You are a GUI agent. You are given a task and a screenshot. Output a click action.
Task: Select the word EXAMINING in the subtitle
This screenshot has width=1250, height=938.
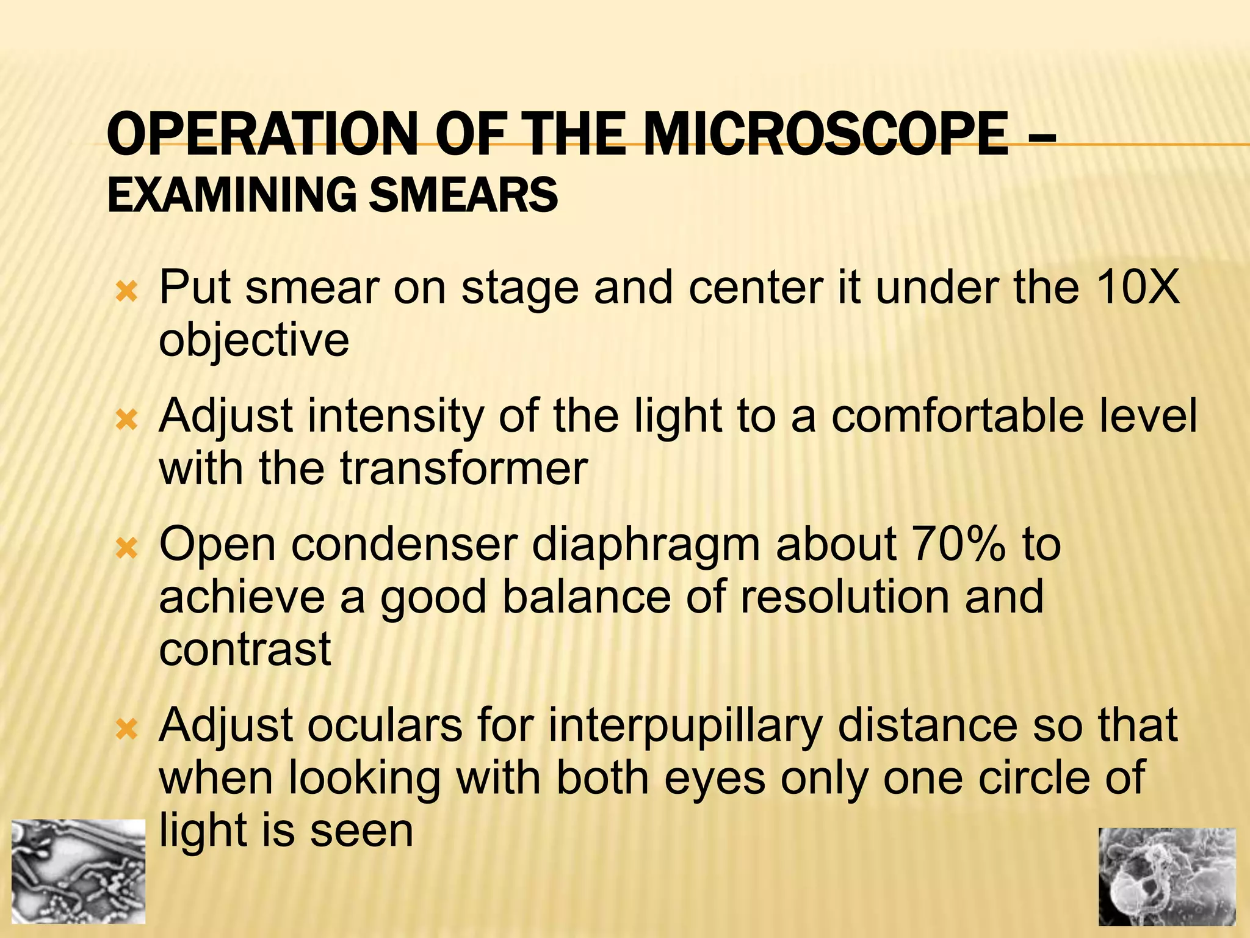[231, 195]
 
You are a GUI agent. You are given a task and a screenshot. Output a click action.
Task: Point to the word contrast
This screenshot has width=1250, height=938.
[245, 649]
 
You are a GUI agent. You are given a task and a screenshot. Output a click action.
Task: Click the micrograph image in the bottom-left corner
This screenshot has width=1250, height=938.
[79, 871]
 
